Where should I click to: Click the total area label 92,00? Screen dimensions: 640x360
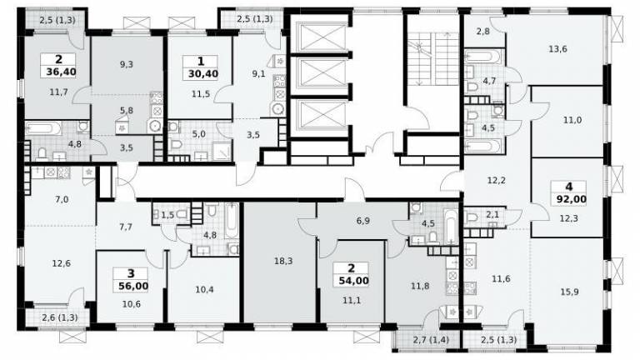(572, 199)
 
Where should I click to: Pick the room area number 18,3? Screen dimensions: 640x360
(283, 261)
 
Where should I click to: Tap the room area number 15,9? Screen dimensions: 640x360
(569, 292)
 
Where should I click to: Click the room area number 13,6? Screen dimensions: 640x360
(557, 49)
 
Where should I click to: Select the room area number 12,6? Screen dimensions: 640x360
(61, 263)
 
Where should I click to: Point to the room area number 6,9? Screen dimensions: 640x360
(362, 221)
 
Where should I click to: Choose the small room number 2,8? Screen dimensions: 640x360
(482, 31)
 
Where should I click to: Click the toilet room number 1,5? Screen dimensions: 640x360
(167, 214)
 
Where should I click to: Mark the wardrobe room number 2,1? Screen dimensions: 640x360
(492, 214)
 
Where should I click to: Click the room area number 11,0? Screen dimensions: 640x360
(572, 120)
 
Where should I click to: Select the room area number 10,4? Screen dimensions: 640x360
(204, 290)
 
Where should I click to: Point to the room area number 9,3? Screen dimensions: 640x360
(127, 64)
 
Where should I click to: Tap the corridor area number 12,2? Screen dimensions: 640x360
(497, 180)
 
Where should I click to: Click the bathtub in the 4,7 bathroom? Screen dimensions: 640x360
(482, 57)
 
